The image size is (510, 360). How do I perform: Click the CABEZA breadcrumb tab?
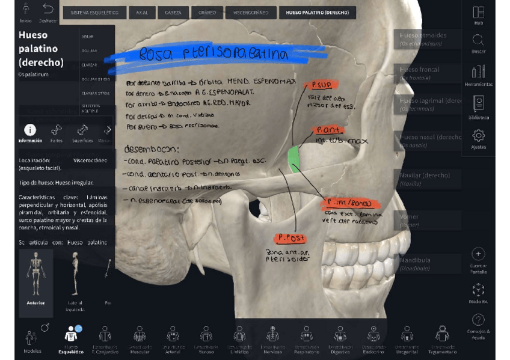[173, 13]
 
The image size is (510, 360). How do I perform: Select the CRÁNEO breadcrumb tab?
[207, 13]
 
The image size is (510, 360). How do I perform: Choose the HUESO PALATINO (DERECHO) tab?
[317, 13]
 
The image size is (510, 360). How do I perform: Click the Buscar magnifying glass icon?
[478, 41]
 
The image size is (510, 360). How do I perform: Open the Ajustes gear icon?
[478, 136]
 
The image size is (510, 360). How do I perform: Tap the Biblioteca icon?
[478, 103]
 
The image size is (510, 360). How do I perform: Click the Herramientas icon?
[478, 72]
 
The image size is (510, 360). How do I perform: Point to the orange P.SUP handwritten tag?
[321, 85]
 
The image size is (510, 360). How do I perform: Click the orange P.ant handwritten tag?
[330, 130]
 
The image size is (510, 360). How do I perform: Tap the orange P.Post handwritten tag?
[290, 239]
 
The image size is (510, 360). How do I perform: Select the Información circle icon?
[29, 130]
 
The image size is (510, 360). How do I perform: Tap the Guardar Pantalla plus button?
[478, 254]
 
